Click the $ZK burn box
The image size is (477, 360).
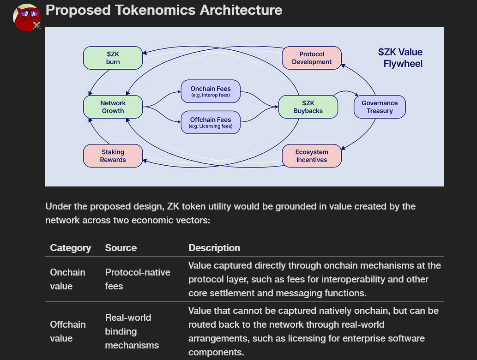click(x=113, y=58)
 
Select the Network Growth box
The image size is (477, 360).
click(x=113, y=107)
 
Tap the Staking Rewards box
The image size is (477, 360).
click(x=113, y=156)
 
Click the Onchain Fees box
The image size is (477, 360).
click(x=211, y=91)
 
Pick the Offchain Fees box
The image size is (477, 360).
click(x=211, y=122)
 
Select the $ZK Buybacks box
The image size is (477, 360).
click(x=308, y=107)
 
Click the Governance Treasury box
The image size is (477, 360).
click(x=380, y=107)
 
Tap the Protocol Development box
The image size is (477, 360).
click(x=312, y=58)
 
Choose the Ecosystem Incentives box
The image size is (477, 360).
click(x=312, y=156)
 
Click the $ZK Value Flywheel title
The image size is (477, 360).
click(x=400, y=58)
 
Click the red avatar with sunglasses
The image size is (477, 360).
click(x=27, y=18)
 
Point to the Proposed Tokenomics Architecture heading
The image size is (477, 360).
click(x=164, y=10)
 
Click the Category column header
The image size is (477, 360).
click(x=71, y=248)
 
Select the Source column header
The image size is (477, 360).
click(x=121, y=248)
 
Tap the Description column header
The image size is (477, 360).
click(x=214, y=248)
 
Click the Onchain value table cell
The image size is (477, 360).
click(x=67, y=279)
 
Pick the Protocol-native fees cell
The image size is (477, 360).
click(x=138, y=279)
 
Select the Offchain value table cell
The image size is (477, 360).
click(x=67, y=331)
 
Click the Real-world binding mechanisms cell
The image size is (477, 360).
click(x=132, y=331)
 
